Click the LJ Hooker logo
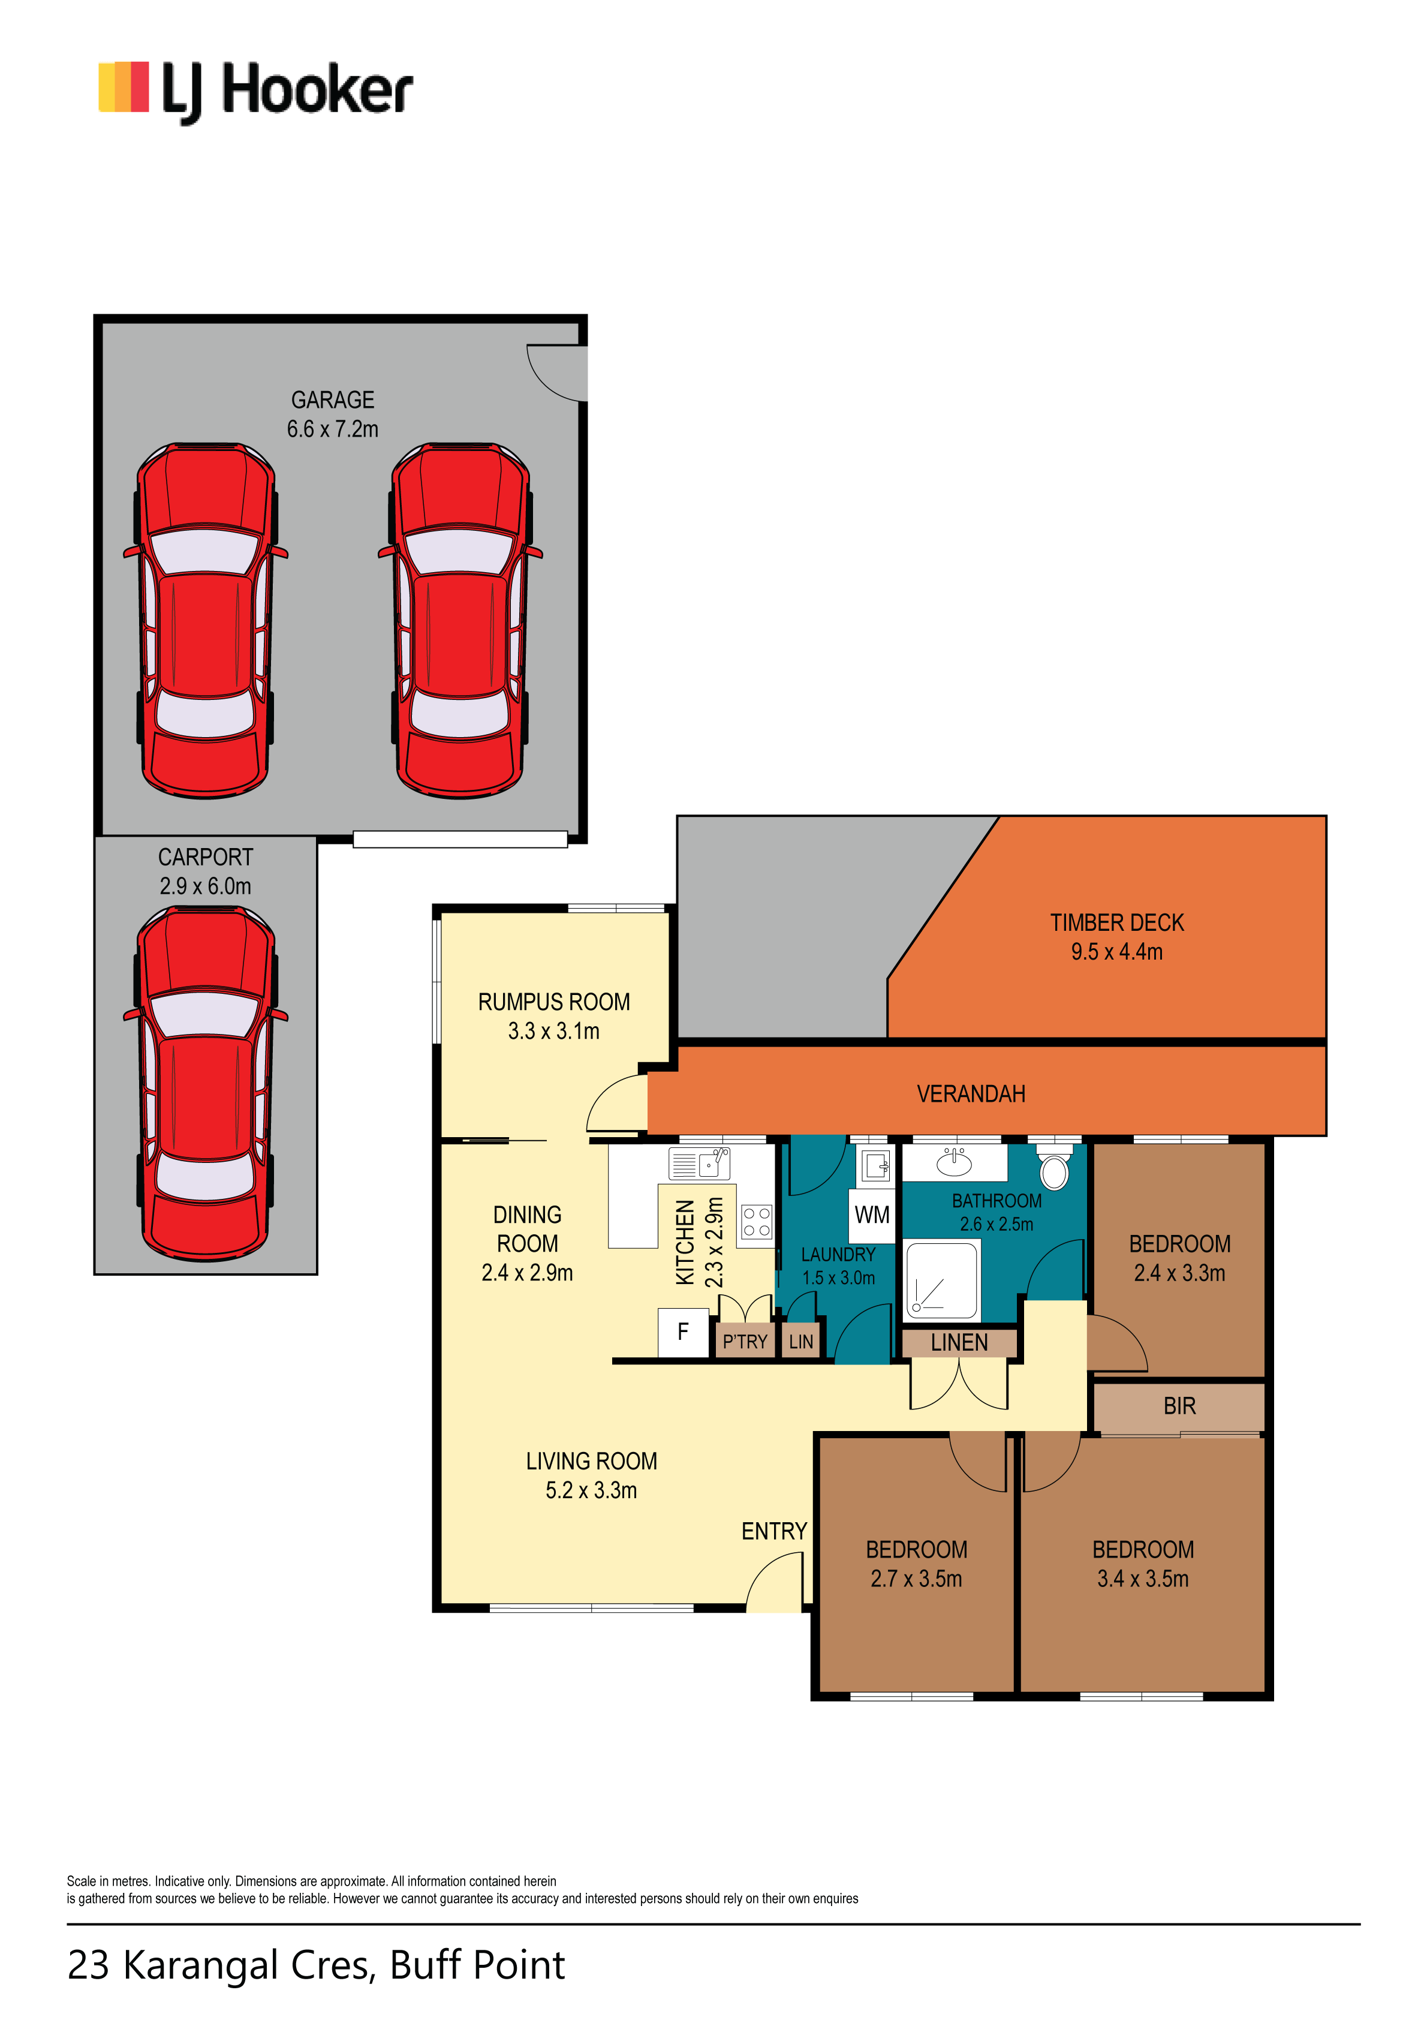click(x=255, y=91)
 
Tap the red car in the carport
click(x=206, y=1084)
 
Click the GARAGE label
click(x=333, y=400)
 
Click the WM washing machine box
click(x=872, y=1215)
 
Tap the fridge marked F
click(x=684, y=1333)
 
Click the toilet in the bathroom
click(x=1054, y=1166)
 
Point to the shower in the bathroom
click(x=941, y=1281)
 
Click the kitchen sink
click(x=700, y=1163)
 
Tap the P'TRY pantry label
click(x=745, y=1342)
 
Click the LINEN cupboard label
click(x=959, y=1342)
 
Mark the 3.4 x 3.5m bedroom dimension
click(x=1143, y=1579)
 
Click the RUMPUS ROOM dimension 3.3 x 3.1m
click(x=553, y=1030)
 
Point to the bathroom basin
click(x=955, y=1162)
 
